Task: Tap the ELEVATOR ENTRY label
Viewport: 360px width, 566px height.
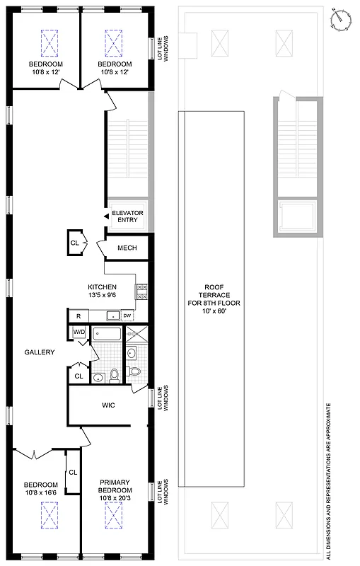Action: (127, 216)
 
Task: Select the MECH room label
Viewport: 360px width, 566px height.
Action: (127, 248)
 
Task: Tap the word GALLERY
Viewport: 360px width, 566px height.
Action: (40, 352)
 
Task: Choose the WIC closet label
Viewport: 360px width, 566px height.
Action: (109, 406)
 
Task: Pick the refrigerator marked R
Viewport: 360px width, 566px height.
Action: (78, 316)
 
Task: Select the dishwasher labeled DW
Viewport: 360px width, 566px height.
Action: (128, 316)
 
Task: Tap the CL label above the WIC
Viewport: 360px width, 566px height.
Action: (79, 376)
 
